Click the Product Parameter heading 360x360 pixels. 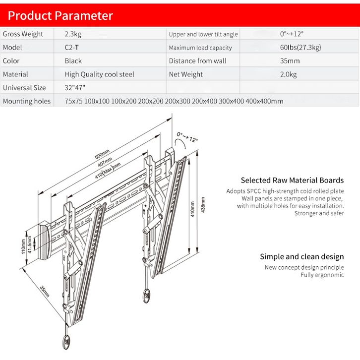[x=60, y=16]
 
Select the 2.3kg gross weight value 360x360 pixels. [x=73, y=34]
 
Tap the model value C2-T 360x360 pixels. [x=72, y=48]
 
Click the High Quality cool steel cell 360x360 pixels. [x=99, y=74]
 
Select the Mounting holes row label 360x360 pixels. [x=26, y=101]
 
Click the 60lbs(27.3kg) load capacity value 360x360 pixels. [x=300, y=48]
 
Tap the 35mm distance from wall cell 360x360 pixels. [x=290, y=61]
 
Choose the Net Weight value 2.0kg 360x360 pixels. [x=288, y=74]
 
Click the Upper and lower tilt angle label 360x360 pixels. [x=203, y=34]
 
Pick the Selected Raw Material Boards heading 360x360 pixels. [x=292, y=180]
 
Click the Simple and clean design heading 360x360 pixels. [x=301, y=256]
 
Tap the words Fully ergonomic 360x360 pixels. [x=322, y=275]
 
